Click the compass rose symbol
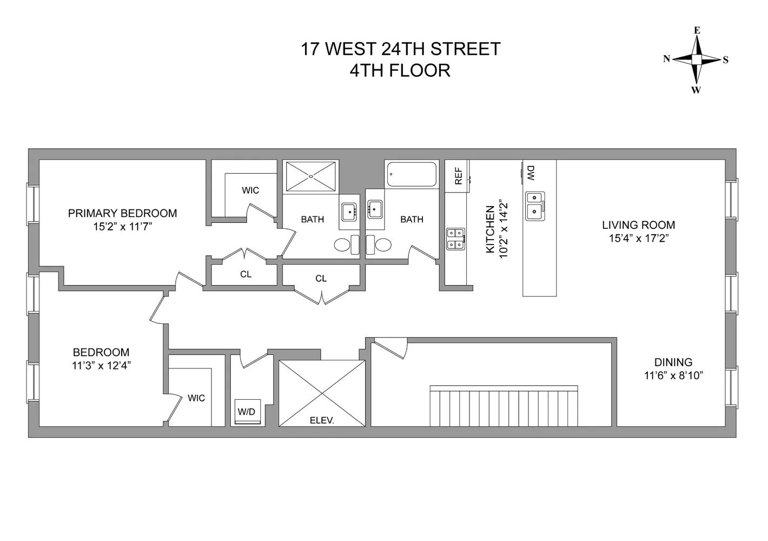697,60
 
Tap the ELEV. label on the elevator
321,420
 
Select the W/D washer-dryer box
246,412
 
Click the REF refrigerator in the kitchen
458,176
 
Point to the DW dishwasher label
531,173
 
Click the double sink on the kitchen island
535,205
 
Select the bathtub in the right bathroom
412,175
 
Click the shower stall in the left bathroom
312,176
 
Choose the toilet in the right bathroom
379,245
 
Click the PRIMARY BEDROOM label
122,213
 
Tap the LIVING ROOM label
638,225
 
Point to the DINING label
673,362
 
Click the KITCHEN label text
490,229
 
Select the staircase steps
504,406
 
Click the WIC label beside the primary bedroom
250,190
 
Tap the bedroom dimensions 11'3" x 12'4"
101,366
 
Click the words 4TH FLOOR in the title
400,71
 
